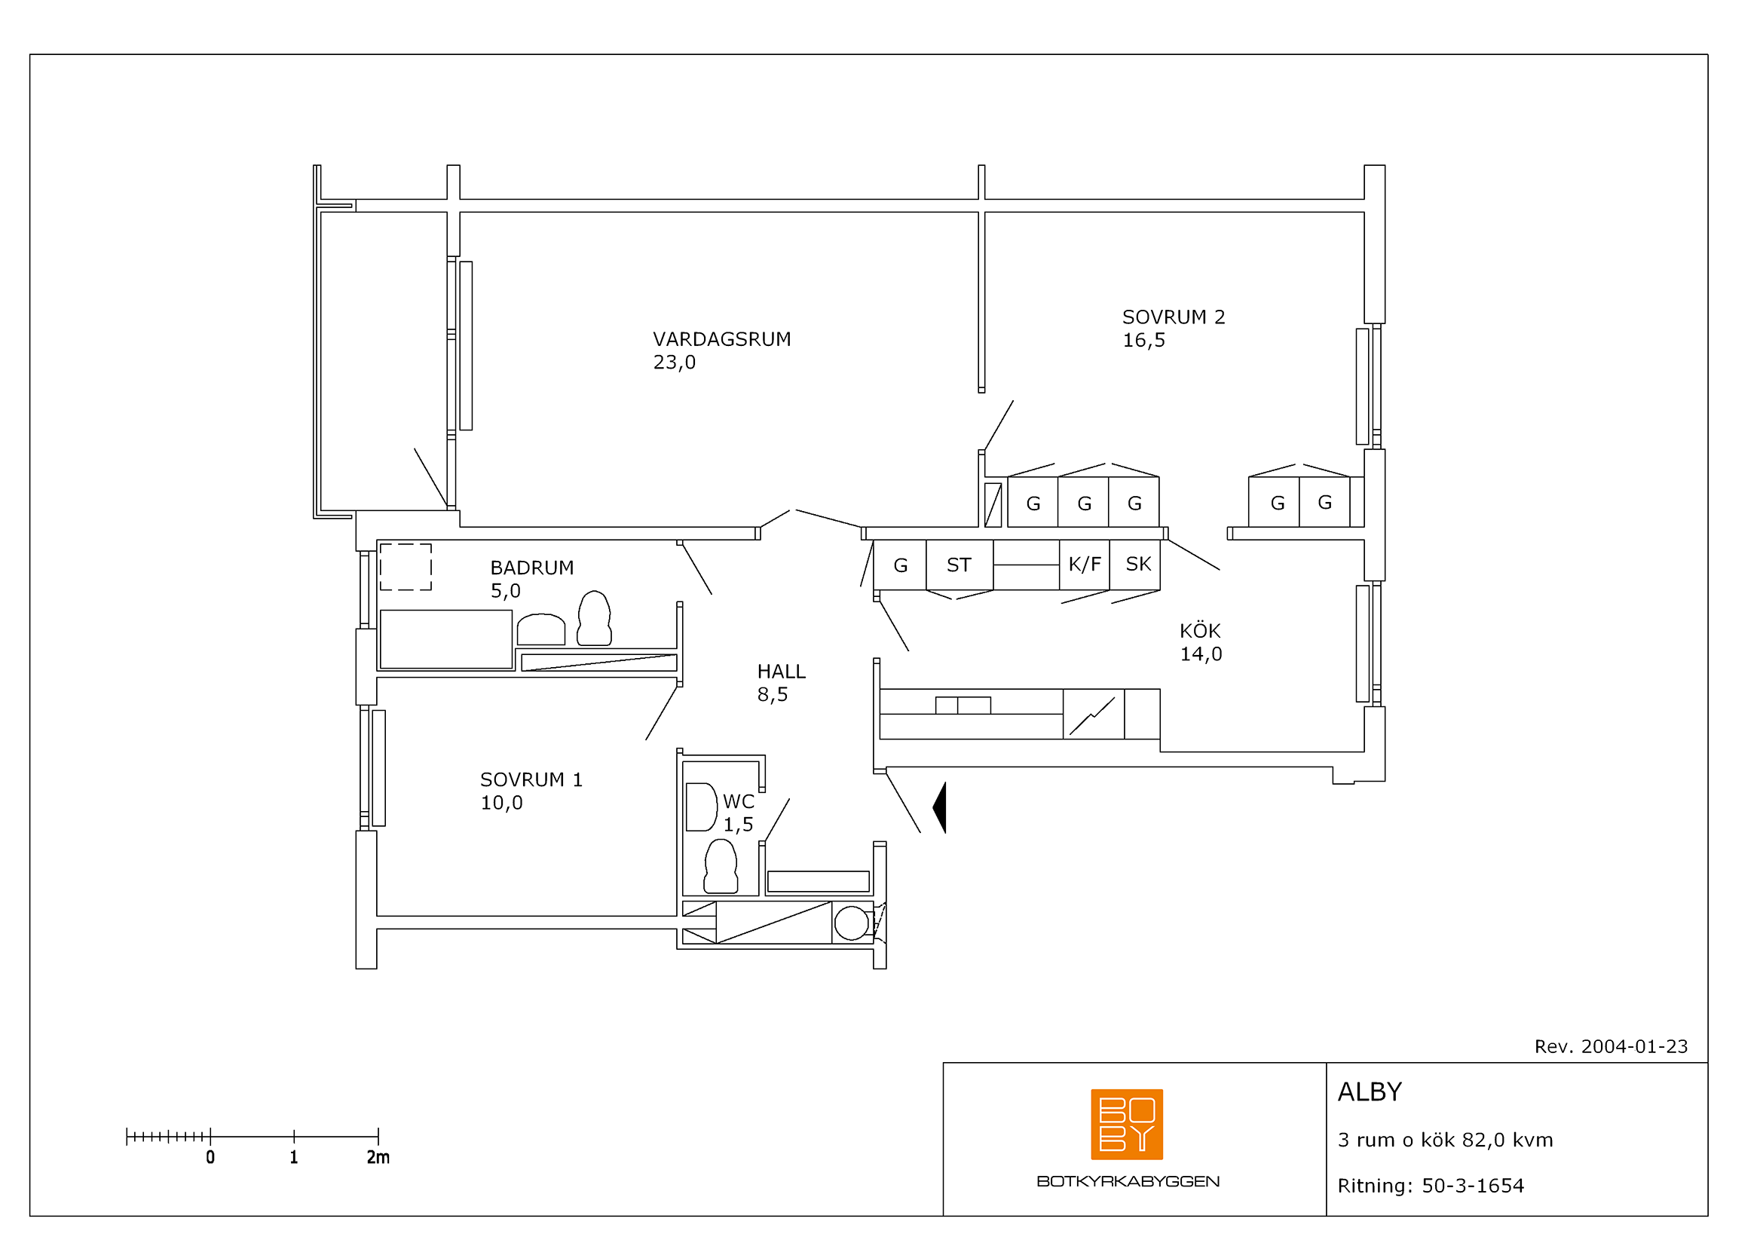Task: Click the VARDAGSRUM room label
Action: [x=722, y=339]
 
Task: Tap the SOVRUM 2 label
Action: [x=1174, y=317]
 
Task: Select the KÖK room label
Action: [x=1199, y=630]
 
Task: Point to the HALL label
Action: [x=781, y=672]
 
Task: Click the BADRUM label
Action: [x=532, y=568]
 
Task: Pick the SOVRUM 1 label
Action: [x=531, y=780]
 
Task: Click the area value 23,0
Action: [x=674, y=363]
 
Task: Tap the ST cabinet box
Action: [x=959, y=565]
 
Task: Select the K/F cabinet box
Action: [x=1084, y=565]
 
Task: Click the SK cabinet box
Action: [x=1135, y=565]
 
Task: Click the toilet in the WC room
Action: [x=721, y=867]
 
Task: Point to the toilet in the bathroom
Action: [x=594, y=618]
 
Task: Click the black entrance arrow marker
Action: [x=941, y=807]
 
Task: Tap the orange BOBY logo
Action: [x=1126, y=1125]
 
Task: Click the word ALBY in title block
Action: [x=1370, y=1092]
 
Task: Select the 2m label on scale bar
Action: [x=378, y=1158]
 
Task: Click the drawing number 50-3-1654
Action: [x=1473, y=1186]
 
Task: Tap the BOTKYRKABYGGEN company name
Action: [x=1128, y=1181]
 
